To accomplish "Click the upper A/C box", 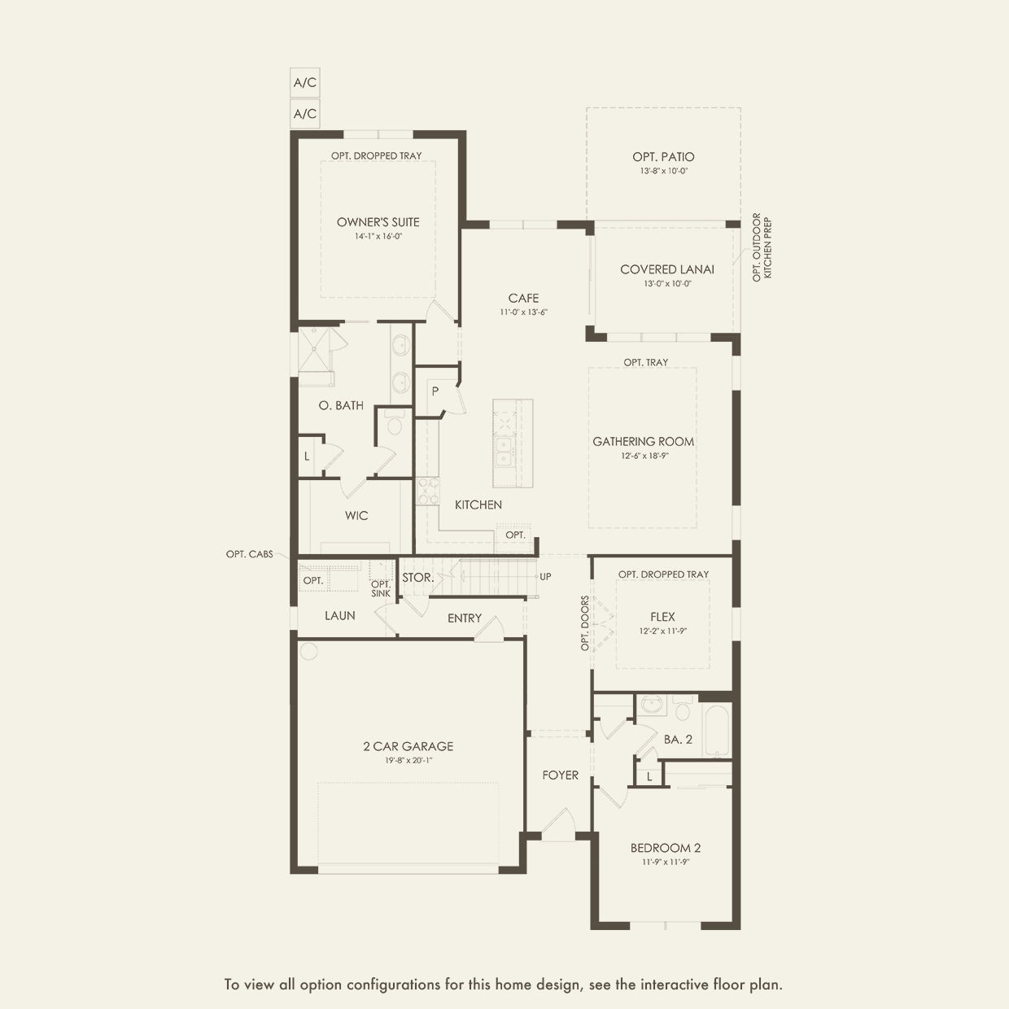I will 305,82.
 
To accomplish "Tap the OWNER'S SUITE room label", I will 378,222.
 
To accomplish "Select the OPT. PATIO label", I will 663,157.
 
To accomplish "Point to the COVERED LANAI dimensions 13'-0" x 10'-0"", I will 667,284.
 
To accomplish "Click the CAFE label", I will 523,299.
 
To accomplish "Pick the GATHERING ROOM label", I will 643,442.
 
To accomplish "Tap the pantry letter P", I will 435,391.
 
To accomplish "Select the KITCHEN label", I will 478,505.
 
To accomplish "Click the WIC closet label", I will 356,516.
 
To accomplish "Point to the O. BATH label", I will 341,406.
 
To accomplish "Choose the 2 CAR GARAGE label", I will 408,746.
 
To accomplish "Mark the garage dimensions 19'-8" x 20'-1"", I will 408,761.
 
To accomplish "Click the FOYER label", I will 561,775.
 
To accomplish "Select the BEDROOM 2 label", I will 666,848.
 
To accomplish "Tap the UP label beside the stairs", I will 545,577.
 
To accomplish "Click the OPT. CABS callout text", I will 250,554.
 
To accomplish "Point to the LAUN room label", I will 340,616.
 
